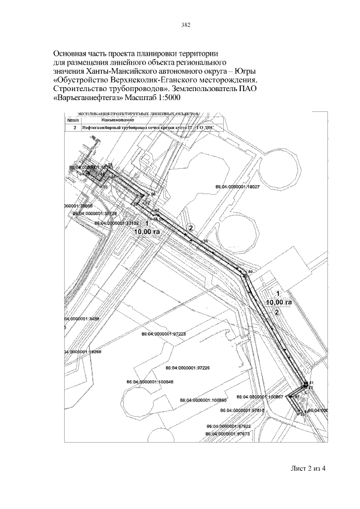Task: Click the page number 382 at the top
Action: pos(186,25)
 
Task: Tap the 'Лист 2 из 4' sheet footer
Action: pos(308,470)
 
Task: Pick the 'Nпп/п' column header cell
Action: pos(73,120)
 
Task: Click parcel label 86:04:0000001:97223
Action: pos(163,334)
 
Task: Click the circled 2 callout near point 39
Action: pos(191,228)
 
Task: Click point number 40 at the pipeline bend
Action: pos(250,272)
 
